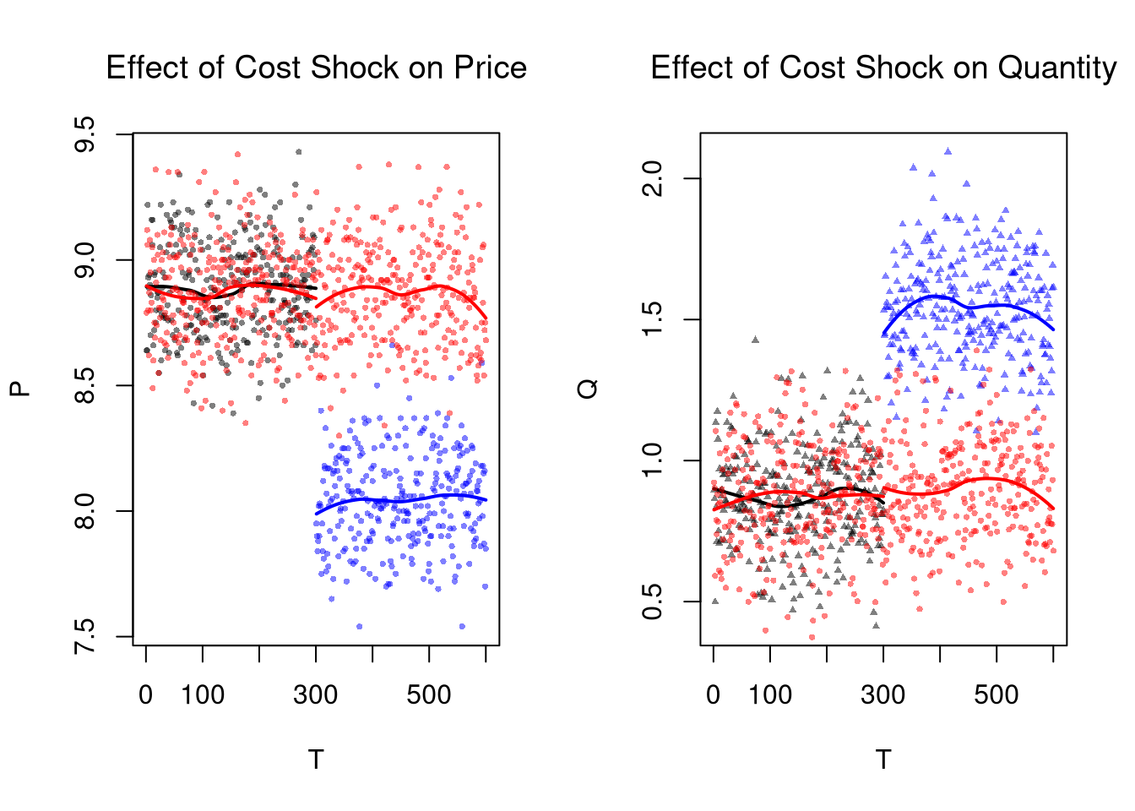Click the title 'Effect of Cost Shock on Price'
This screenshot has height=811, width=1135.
coord(316,68)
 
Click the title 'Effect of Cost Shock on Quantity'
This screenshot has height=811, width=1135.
coord(883,68)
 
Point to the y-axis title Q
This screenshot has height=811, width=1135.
coord(588,389)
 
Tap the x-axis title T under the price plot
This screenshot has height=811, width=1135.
coord(316,759)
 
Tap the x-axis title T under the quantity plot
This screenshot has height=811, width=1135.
coord(883,759)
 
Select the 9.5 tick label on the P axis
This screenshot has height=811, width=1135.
coord(84,135)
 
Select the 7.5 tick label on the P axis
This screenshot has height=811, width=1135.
coord(84,636)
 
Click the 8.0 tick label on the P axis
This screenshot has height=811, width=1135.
coord(84,511)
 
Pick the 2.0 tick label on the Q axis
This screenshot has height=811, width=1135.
coord(651,178)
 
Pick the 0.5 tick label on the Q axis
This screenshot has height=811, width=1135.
coord(651,601)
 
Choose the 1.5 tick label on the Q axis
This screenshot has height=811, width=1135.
coord(651,319)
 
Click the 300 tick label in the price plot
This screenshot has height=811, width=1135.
coord(316,695)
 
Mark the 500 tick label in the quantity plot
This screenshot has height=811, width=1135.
coord(997,695)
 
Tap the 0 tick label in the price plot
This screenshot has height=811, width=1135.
coord(146,695)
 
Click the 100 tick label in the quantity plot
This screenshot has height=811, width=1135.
coord(770,695)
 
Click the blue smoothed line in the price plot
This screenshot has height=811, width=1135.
coord(401,500)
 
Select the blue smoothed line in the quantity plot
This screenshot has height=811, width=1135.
coord(971,306)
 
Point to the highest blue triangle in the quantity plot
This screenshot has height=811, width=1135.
coord(948,152)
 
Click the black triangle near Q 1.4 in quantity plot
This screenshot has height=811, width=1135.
coord(755,340)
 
